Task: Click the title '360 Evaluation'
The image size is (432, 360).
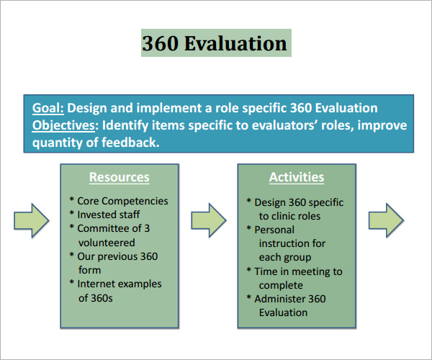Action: (x=215, y=44)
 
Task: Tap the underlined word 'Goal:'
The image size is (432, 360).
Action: (x=48, y=108)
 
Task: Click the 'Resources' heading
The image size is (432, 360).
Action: (x=119, y=177)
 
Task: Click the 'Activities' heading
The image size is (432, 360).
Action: (x=297, y=177)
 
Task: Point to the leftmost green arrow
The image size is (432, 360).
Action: (x=31, y=220)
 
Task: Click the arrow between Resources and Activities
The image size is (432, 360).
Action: (x=209, y=220)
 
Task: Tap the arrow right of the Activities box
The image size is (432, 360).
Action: (x=386, y=220)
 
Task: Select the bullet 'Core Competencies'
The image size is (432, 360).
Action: (x=122, y=202)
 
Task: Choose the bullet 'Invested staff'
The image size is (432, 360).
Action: (x=108, y=215)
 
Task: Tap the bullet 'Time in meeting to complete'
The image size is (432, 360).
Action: (x=297, y=278)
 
